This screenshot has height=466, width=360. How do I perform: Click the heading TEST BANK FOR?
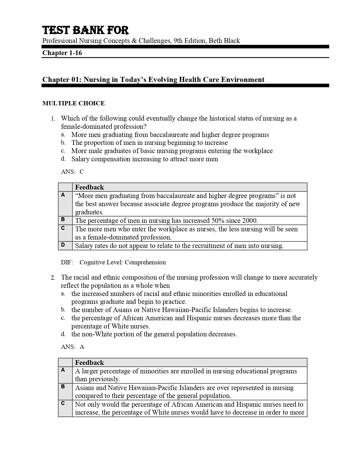(x=85, y=30)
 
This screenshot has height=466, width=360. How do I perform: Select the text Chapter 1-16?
(x=62, y=53)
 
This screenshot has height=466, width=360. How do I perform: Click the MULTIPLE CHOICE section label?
(x=73, y=103)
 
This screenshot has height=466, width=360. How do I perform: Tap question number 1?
(x=53, y=119)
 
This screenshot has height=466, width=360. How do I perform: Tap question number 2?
(x=53, y=278)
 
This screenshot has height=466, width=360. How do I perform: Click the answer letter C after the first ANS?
(x=82, y=172)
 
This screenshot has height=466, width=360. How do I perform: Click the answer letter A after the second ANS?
(x=82, y=347)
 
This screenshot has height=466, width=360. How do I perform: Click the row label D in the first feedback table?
(x=63, y=245)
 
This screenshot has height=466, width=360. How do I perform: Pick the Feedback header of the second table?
(x=89, y=363)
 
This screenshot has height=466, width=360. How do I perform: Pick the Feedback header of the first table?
(x=89, y=187)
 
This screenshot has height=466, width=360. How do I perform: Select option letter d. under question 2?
(x=63, y=334)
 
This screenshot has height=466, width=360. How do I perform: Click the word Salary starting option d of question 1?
(x=80, y=159)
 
